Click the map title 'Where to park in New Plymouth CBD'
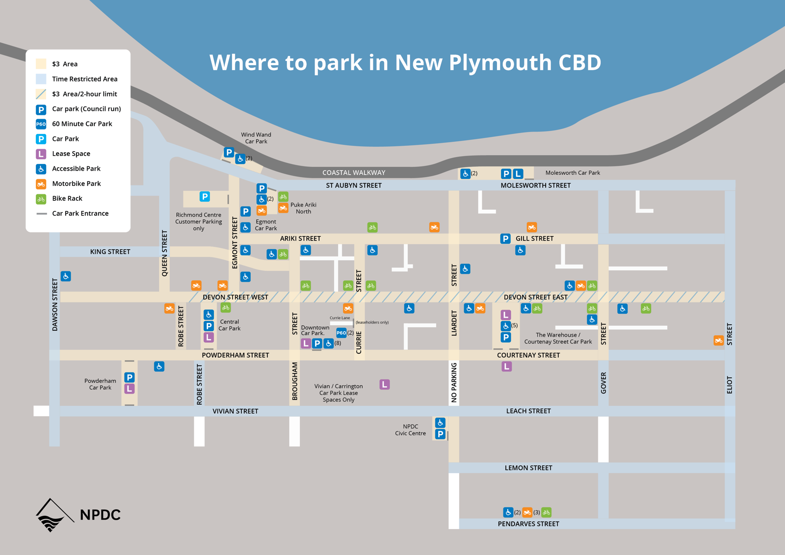point(405,63)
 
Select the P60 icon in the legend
point(41,124)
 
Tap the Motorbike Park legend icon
point(41,184)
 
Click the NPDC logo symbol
point(52,515)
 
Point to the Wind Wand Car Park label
point(256,138)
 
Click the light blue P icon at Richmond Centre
point(205,197)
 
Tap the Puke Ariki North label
point(303,208)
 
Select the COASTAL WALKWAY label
point(354,173)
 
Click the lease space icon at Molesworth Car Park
point(518,174)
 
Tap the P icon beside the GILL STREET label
point(505,239)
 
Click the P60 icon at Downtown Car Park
point(341,333)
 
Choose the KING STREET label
point(110,252)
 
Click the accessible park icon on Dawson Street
point(66,276)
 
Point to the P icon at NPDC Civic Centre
point(440,434)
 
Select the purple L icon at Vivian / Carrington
point(385,385)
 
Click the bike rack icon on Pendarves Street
point(547,512)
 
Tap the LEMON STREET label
point(528,468)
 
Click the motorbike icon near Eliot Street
point(718,341)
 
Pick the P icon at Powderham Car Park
point(130,377)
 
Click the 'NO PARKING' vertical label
point(454,383)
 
